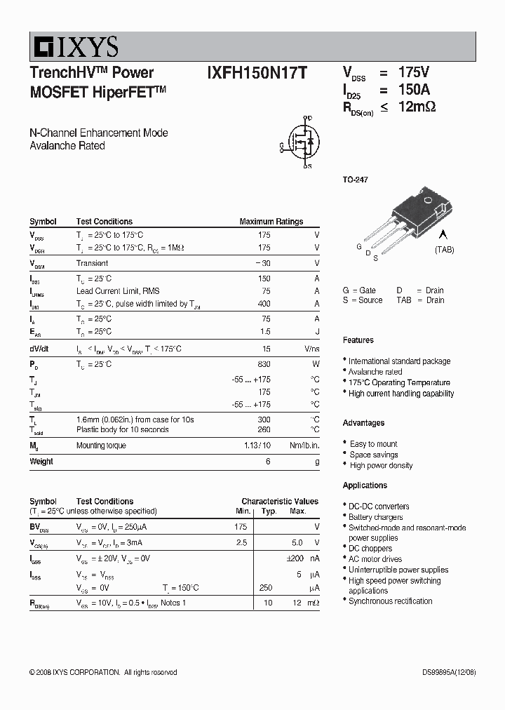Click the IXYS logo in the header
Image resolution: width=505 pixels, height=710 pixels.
74,47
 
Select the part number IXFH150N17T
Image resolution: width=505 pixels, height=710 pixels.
256,73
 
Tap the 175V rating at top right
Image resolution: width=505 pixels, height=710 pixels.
413,72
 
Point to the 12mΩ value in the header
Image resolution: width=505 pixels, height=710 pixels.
417,107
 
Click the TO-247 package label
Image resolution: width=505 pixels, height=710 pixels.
355,180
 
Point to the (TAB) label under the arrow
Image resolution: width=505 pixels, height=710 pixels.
444,250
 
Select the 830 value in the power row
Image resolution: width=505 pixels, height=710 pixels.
264,364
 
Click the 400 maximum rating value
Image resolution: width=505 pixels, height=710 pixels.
264,304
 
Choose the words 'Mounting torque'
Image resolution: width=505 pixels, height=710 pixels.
102,446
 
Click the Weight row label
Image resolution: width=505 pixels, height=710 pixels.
41,462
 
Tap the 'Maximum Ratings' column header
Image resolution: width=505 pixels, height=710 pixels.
271,222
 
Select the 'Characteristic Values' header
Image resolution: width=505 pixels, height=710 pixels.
279,502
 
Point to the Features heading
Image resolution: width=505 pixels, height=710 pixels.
358,340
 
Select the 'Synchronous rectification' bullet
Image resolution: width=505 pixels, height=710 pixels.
390,601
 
